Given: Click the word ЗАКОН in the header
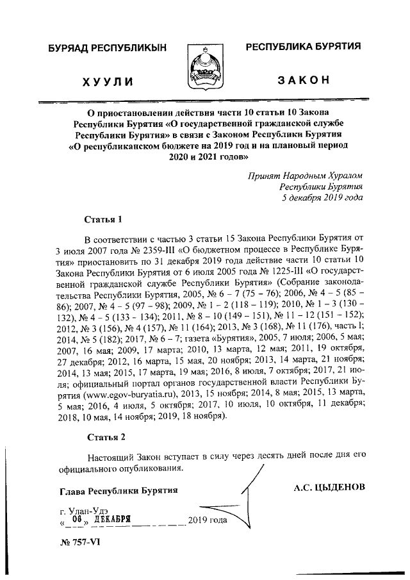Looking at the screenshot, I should pyautogui.click(x=303, y=81).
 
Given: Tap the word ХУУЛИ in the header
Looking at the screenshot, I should pyautogui.click(x=108, y=81).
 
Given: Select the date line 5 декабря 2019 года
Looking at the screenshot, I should pyautogui.click(x=323, y=197).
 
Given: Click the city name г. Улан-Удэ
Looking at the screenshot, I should pyautogui.click(x=80, y=509).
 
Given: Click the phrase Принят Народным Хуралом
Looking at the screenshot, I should pyautogui.click(x=304, y=174).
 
